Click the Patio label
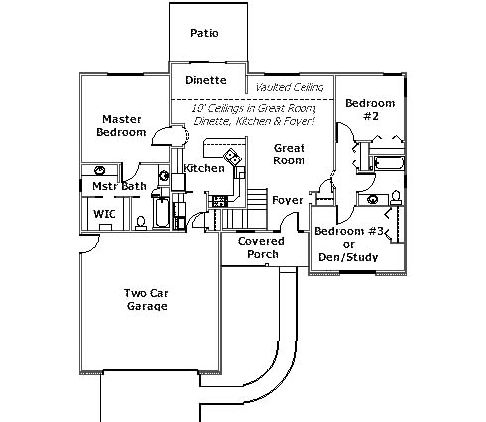click(204, 33)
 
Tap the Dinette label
click(206, 80)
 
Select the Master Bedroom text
click(121, 125)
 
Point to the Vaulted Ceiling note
click(290, 87)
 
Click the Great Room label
click(289, 154)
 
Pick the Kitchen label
click(204, 168)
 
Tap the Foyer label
click(287, 200)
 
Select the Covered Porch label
click(261, 247)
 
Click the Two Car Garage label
click(146, 299)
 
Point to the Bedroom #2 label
click(370, 109)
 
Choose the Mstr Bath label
click(119, 186)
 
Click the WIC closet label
click(104, 214)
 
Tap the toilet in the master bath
click(141, 223)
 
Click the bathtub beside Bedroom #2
click(389, 163)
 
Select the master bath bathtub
click(162, 212)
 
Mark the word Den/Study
click(348, 257)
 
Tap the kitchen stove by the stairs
click(219, 201)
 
